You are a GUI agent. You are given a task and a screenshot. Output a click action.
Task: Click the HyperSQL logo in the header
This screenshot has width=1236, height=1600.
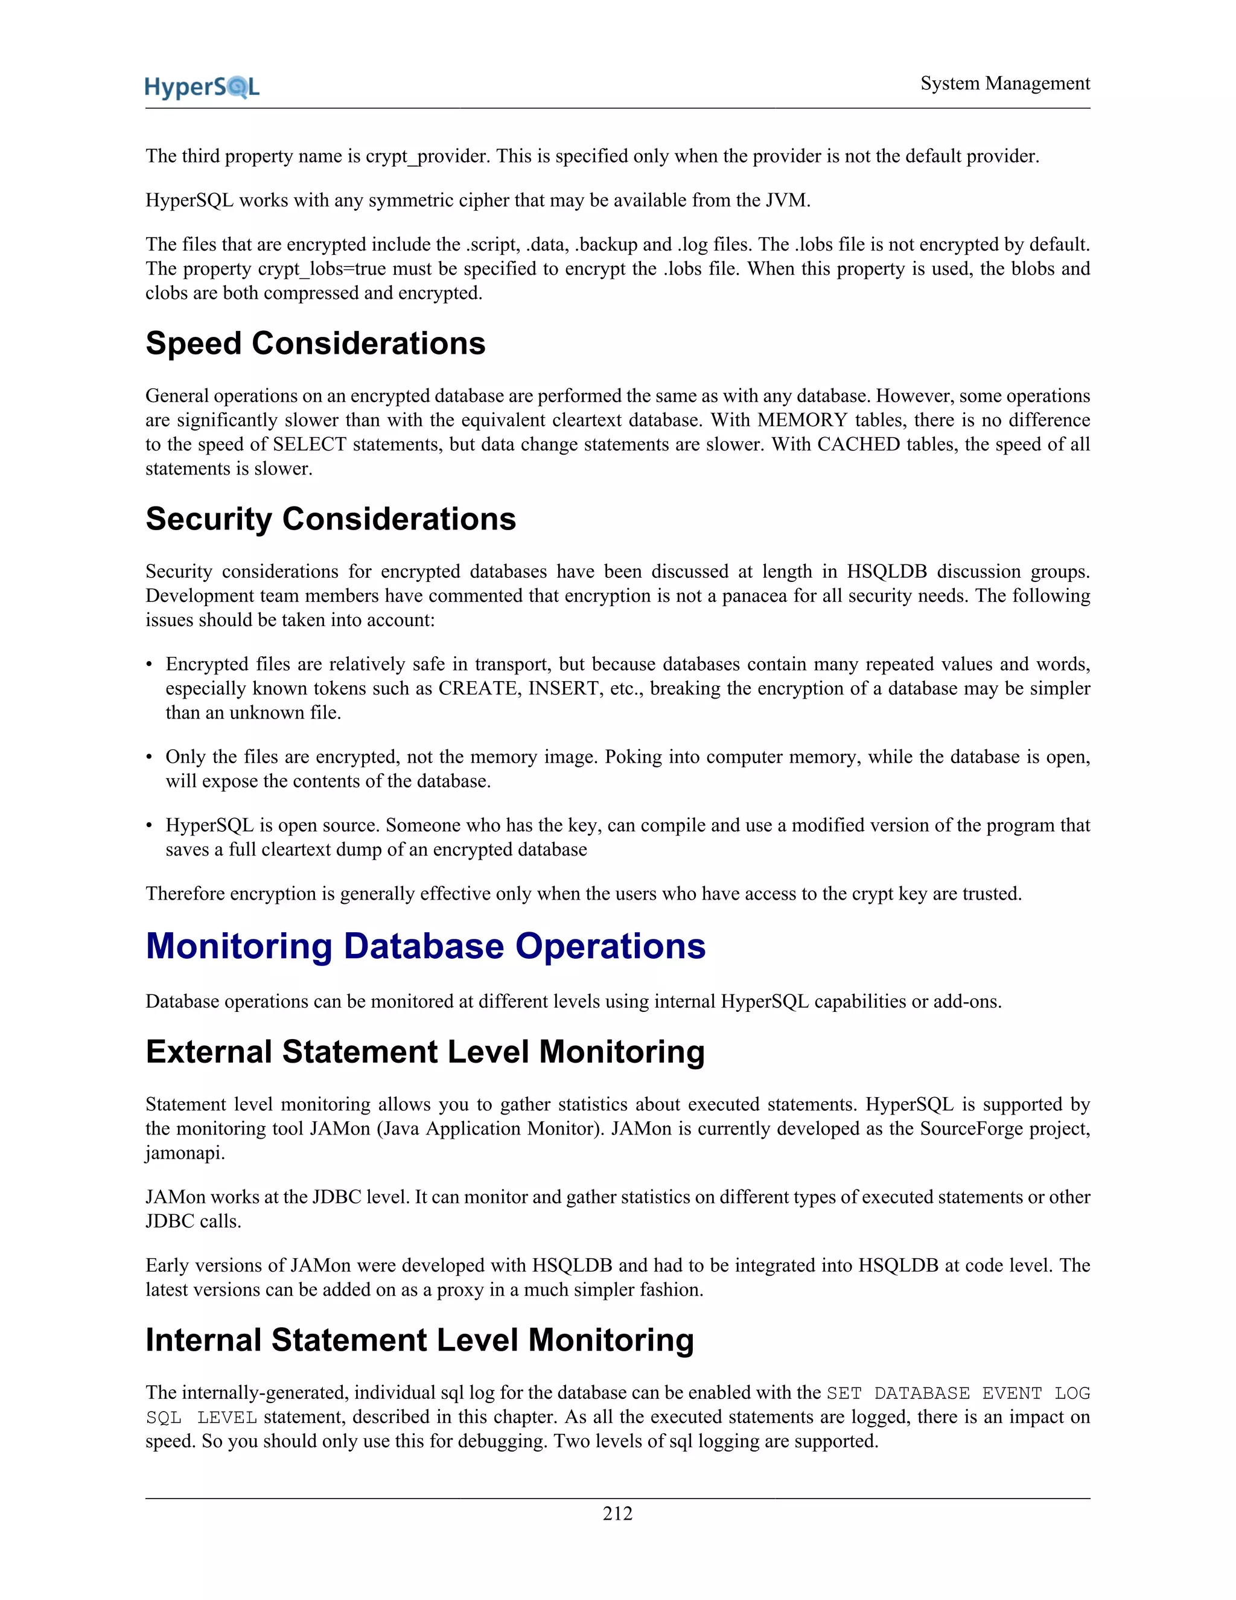pyautogui.click(x=202, y=87)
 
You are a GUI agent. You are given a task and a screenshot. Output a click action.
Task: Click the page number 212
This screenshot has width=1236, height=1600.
pyautogui.click(x=617, y=1513)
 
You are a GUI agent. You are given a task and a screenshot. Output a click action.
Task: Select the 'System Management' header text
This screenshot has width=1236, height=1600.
pyautogui.click(x=1005, y=83)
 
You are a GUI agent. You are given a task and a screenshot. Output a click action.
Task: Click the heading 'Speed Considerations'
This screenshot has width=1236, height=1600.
pyautogui.click(x=315, y=344)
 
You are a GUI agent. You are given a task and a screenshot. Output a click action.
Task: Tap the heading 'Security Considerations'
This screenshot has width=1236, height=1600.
pyautogui.click(x=330, y=519)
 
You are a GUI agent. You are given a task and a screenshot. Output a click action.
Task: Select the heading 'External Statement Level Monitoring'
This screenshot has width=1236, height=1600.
pyautogui.click(x=425, y=1051)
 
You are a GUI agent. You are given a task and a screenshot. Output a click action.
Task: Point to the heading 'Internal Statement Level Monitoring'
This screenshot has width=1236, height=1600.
pyautogui.click(x=419, y=1340)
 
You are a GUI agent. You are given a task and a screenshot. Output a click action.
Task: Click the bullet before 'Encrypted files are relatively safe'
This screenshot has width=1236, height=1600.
pyautogui.click(x=150, y=665)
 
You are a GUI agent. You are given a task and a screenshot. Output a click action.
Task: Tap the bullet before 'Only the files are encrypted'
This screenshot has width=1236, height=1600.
pyautogui.click(x=150, y=757)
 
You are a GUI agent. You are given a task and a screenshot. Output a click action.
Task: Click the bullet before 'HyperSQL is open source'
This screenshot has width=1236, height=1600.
pyautogui.click(x=150, y=825)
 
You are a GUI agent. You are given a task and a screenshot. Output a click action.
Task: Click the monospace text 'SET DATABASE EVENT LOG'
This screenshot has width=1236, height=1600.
pyautogui.click(x=958, y=1394)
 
